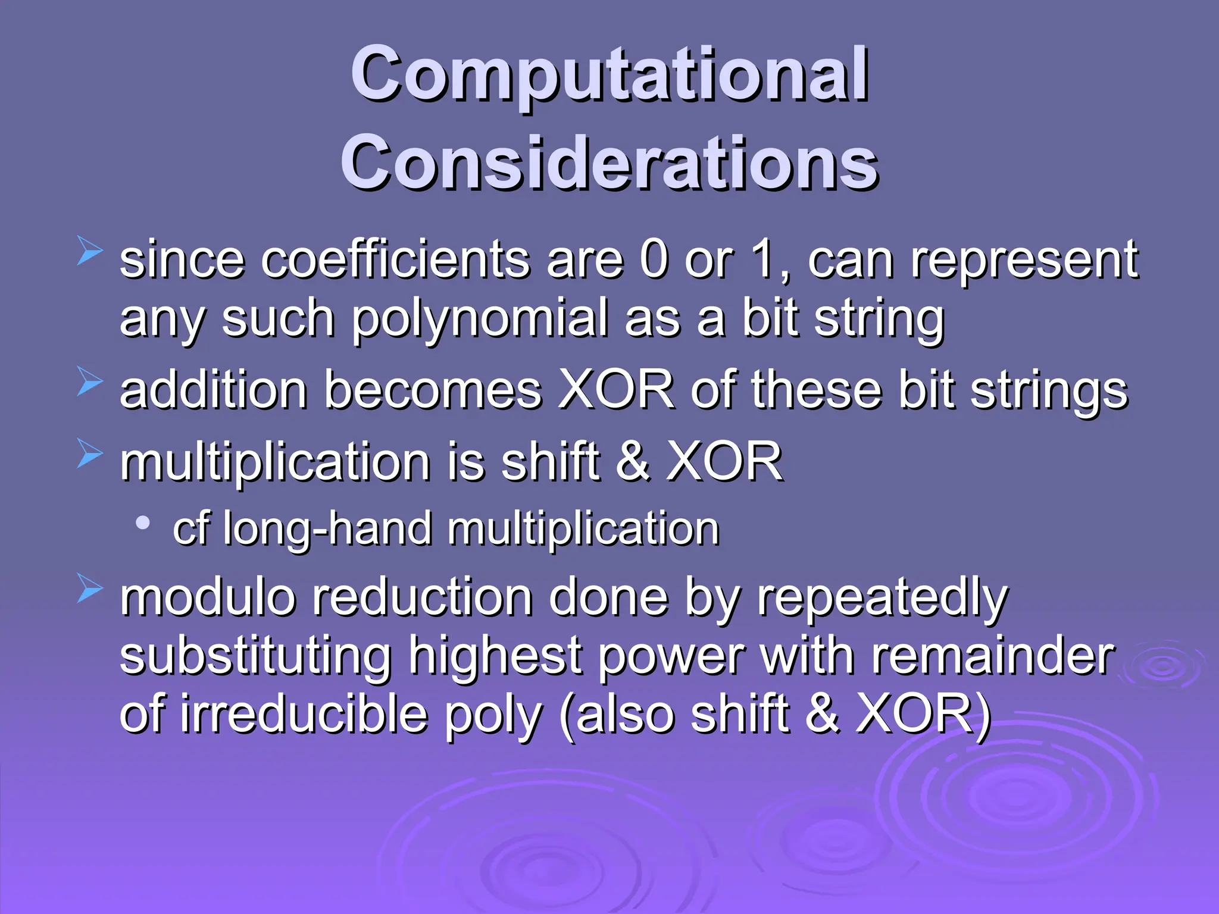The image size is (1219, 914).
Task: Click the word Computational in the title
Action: pyautogui.click(x=609, y=74)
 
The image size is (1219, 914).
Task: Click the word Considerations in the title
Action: pyautogui.click(x=609, y=162)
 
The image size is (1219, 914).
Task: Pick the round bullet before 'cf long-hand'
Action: pyautogui.click(x=143, y=523)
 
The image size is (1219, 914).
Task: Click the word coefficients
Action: pyautogui.click(x=395, y=260)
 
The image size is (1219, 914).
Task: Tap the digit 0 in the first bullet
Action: pyautogui.click(x=654, y=260)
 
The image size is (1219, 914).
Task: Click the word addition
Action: pyautogui.click(x=213, y=390)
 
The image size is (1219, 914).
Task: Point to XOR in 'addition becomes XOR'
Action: pyautogui.click(x=616, y=390)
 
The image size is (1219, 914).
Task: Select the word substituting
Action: pyautogui.click(x=255, y=657)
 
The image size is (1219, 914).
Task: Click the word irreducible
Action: pyautogui.click(x=304, y=714)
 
